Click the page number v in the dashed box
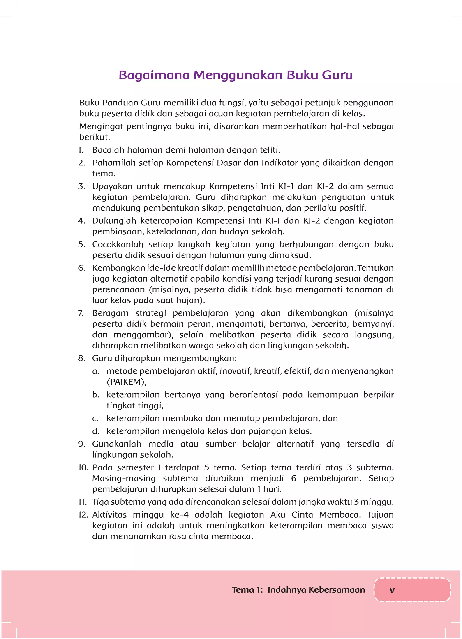point(392,590)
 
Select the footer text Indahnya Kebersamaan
point(316,590)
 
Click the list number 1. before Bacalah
point(81,150)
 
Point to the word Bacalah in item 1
point(108,150)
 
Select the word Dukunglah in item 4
point(114,221)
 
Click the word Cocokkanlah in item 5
point(118,244)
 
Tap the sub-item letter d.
point(96,431)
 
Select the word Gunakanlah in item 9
point(116,444)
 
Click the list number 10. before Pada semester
point(83,468)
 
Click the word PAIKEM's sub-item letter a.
point(96,371)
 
